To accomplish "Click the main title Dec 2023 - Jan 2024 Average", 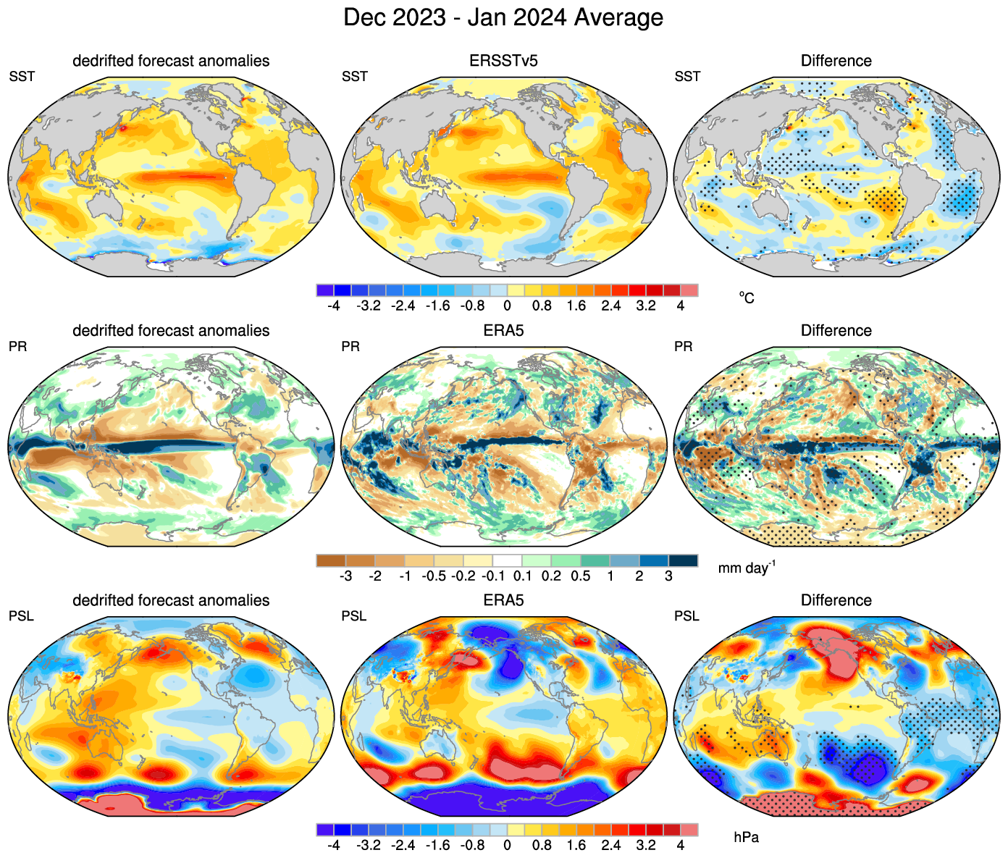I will tap(503, 17).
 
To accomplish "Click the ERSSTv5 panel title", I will tap(503, 61).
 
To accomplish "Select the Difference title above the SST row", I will tap(836, 61).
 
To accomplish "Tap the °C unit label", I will tap(747, 298).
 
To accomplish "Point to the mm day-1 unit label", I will tap(746, 568).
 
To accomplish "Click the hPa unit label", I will tap(746, 838).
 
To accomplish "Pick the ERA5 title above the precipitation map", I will tap(503, 331).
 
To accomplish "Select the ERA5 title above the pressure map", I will tap(503, 600).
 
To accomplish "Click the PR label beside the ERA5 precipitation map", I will tap(350, 347).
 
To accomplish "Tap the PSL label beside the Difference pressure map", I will tap(686, 616).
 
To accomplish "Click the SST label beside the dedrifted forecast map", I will tap(22, 77).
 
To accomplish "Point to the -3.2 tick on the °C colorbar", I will tap(369, 306).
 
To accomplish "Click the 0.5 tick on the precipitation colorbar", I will tap(581, 576).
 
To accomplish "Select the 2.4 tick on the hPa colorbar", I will tap(611, 845).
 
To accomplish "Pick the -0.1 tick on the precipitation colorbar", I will tap(493, 576).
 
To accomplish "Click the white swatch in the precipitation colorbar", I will tap(507, 560).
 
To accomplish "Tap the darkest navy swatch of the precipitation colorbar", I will tap(683, 560).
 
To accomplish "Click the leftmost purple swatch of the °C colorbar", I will tap(325, 290).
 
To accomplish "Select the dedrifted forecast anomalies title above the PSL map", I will tap(171, 600).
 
